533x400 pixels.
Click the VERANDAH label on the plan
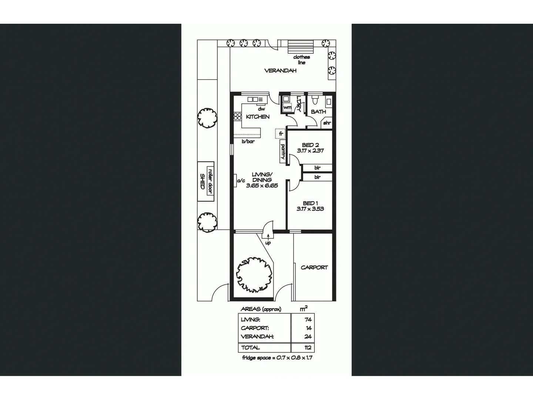[280, 71]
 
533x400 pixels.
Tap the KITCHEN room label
[258, 117]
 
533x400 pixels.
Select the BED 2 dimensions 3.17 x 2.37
[310, 151]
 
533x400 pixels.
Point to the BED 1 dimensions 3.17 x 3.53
[310, 209]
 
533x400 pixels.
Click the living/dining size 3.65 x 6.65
[262, 186]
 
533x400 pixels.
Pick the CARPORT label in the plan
[314, 267]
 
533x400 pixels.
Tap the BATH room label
[318, 111]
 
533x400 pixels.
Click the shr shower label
[327, 123]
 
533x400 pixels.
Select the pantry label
[283, 152]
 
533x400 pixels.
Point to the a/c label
[241, 181]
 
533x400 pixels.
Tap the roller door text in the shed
[210, 181]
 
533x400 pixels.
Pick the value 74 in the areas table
[308, 319]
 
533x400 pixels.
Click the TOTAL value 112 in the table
[308, 348]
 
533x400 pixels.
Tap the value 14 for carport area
[309, 328]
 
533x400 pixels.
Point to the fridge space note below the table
[277, 358]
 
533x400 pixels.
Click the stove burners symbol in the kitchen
[237, 116]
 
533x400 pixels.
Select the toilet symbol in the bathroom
[315, 100]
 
